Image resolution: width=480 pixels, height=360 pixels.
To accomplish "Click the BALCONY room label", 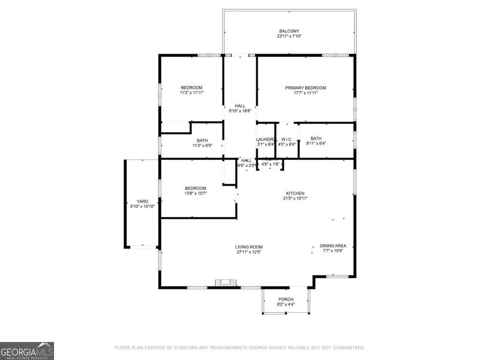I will pos(289,31).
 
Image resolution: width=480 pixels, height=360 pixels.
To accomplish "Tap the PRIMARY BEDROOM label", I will pos(305,88).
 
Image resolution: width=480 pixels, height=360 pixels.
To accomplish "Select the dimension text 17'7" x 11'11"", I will pos(305,93).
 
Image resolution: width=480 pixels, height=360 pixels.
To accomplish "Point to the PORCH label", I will pos(286,299).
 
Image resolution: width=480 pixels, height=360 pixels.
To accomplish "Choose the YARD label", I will pos(142,202).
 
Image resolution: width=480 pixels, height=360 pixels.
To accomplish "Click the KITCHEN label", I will pos(295,193).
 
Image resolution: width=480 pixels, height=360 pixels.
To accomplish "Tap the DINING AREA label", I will pos(333,246).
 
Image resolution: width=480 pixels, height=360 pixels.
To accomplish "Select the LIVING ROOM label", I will pos(248,247).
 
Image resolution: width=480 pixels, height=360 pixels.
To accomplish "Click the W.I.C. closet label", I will pos(287,139).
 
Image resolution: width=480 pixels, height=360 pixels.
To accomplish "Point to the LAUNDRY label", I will pos(266,139).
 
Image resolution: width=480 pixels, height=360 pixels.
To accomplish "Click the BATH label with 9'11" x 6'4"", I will pos(316,138).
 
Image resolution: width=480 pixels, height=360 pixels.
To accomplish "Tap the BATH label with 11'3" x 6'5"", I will pos(202,140).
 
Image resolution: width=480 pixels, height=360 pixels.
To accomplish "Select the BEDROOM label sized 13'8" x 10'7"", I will pos(195,188).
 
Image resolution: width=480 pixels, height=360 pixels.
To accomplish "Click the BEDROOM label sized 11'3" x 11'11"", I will pos(192,88).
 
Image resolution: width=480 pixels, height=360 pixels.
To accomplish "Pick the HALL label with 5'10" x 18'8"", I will pos(240,106).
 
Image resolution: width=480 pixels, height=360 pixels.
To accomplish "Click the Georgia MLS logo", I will pos(27,350).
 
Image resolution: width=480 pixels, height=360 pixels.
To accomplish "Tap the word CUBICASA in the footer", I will pos(186,348).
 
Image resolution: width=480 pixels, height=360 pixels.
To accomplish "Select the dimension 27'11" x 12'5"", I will pos(248,252).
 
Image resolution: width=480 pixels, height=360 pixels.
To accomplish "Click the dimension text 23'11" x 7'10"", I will pos(289,36).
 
